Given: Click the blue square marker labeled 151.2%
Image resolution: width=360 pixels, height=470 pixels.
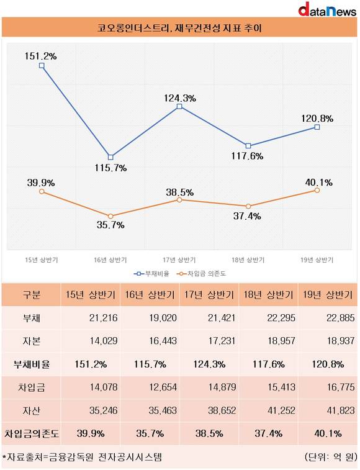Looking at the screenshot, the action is click(42, 66).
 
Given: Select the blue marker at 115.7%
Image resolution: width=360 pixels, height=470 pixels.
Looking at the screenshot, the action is click(110, 157).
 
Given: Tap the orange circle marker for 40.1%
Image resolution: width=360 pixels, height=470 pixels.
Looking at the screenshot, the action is click(317, 191).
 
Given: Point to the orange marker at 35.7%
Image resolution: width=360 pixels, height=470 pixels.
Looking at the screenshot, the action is click(110, 216).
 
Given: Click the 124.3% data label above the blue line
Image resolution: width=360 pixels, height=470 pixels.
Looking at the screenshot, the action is click(180, 98).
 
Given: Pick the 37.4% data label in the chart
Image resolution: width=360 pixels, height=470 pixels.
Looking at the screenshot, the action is click(247, 216).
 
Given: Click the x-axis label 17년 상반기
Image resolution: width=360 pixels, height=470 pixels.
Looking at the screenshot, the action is click(179, 260).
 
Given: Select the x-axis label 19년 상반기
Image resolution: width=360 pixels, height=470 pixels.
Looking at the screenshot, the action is click(317, 260).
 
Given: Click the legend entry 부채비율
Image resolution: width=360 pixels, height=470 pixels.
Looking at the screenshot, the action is click(151, 273).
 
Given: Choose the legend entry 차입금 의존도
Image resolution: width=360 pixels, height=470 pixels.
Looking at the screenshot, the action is click(202, 273).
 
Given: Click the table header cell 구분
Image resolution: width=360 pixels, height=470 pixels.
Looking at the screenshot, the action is click(31, 295).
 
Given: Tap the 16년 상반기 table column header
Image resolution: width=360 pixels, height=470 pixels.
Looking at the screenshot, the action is click(150, 295).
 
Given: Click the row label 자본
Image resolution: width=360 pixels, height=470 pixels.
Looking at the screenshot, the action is click(31, 341).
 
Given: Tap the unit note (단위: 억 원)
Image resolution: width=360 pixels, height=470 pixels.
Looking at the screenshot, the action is click(330, 457).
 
